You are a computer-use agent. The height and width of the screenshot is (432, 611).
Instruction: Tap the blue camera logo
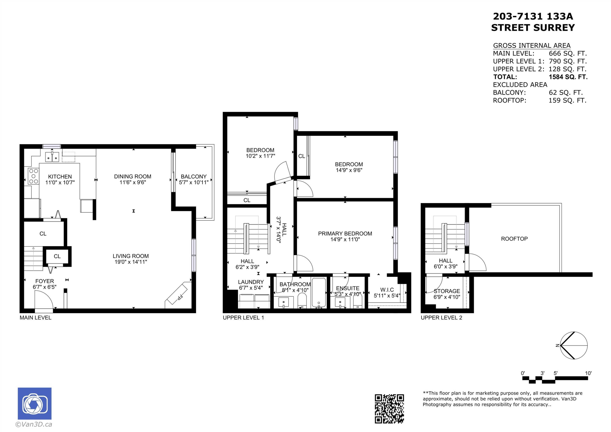click(x=35, y=403)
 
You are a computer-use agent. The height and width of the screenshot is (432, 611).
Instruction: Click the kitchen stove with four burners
click(x=34, y=176)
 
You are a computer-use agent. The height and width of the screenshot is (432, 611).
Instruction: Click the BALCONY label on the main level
click(x=194, y=176)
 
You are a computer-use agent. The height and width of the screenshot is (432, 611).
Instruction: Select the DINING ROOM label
click(x=133, y=176)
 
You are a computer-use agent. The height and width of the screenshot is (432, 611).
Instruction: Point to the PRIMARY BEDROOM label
click(x=345, y=233)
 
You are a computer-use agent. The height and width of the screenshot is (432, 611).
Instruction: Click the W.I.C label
click(x=387, y=290)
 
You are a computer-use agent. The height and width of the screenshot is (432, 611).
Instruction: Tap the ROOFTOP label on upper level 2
click(x=514, y=239)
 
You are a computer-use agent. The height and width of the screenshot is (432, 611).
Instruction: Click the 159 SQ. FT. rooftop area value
click(x=567, y=100)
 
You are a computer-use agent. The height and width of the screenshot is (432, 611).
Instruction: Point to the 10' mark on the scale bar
click(x=588, y=373)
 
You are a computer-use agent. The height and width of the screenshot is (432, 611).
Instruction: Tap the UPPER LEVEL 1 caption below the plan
click(x=243, y=318)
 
